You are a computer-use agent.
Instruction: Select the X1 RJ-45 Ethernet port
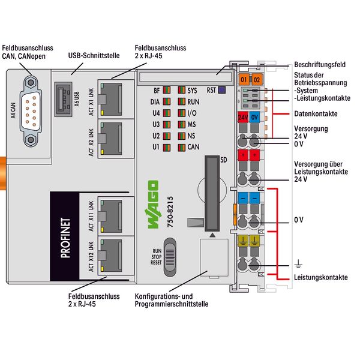pyautogui.click(x=110, y=98)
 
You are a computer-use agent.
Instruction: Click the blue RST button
pyautogui.click(x=221, y=91)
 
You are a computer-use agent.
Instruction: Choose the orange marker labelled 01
pyautogui.click(x=244, y=79)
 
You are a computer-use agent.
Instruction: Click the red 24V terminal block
pyautogui.click(x=244, y=117)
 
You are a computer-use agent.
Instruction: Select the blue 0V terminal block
pyautogui.click(x=256, y=117)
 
